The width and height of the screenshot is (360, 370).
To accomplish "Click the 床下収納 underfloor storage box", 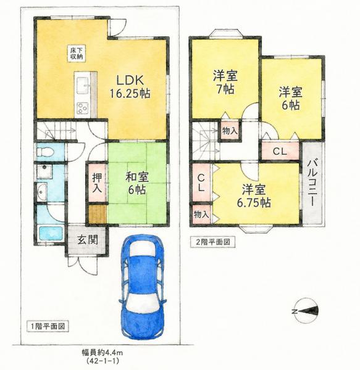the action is tap(76, 53).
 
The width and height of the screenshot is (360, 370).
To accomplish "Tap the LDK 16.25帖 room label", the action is tap(130, 87).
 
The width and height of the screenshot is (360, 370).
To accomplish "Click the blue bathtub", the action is tap(51, 234).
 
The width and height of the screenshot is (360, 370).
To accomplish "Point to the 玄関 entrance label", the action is tap(88, 240).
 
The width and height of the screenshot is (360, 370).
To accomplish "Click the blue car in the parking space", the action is tap(143, 287).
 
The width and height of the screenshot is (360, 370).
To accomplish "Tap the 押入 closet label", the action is tap(97, 182).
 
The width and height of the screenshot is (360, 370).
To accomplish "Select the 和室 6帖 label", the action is tap(136, 183).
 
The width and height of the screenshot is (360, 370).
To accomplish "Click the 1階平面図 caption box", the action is tap(48, 326).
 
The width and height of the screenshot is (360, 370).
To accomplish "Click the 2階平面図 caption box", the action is tap(213, 242).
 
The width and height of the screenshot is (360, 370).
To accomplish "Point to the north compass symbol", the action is tap(306, 311).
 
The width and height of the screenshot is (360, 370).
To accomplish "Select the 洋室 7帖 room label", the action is tap(225, 82).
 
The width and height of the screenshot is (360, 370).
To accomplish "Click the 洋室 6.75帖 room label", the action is tap(254, 196).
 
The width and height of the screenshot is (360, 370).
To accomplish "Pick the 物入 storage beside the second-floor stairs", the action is tap(230, 131).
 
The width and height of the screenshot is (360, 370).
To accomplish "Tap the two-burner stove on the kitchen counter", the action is tap(82, 108).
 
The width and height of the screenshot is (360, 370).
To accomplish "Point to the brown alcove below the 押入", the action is tap(97, 214).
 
